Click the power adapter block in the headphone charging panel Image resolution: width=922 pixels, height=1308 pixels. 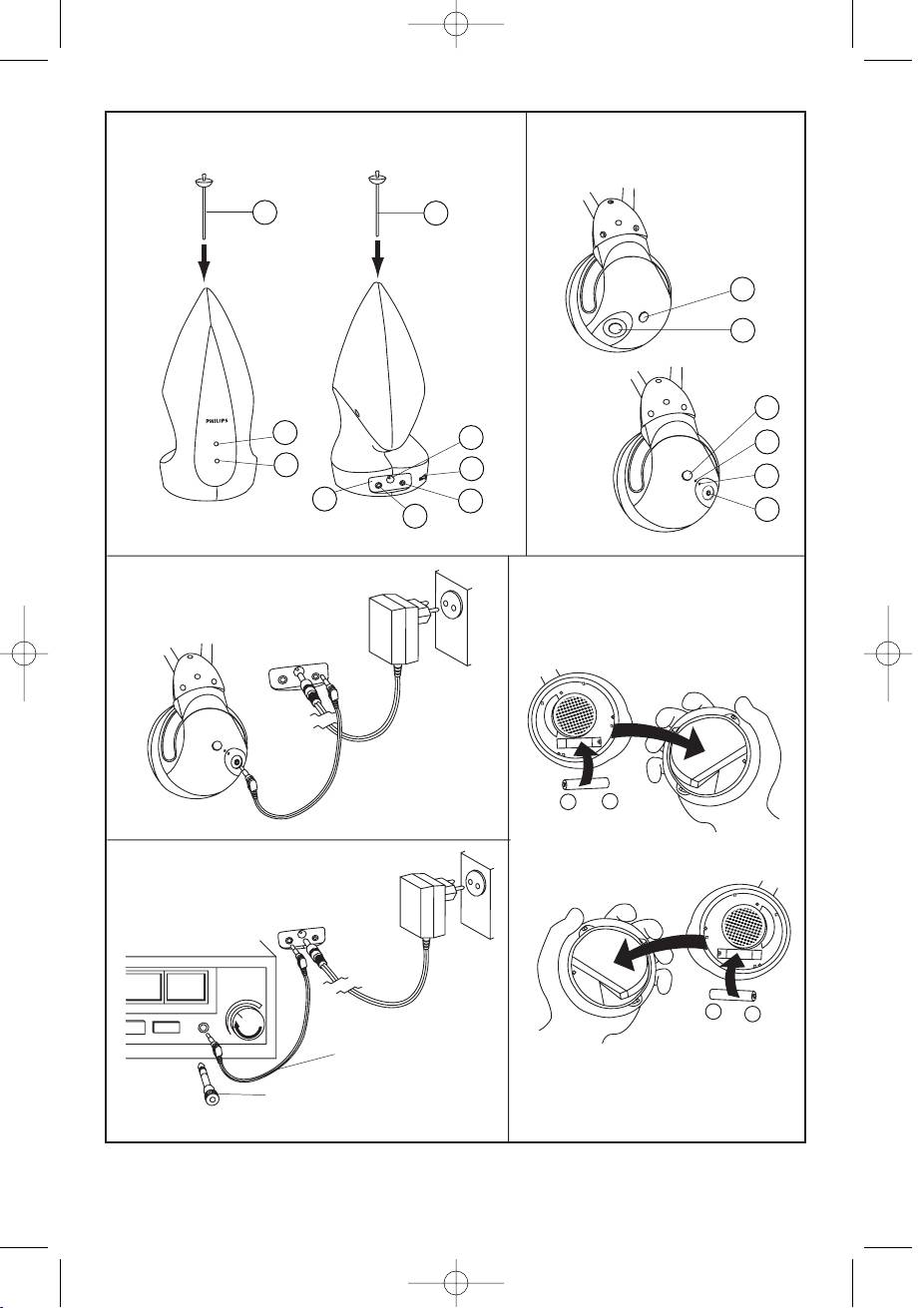(394, 631)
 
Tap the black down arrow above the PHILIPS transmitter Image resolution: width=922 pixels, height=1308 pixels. (204, 261)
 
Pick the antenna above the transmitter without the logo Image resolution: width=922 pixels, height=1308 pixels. (379, 203)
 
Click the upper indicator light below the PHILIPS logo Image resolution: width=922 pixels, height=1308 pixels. (217, 444)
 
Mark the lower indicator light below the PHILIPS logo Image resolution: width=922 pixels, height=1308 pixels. (218, 461)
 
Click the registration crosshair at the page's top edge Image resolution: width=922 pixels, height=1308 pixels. (455, 25)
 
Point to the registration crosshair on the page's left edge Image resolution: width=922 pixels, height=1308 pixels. (24, 653)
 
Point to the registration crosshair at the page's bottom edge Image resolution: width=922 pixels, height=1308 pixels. (455, 1283)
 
